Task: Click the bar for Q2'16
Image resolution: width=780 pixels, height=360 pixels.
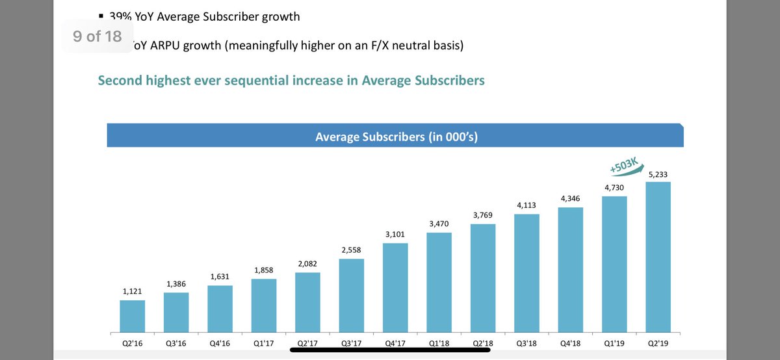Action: point(132,316)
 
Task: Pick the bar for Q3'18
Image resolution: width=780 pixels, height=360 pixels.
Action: point(526,273)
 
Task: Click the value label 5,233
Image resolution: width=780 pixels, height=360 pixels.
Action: point(658,174)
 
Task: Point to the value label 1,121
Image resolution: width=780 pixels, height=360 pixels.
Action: point(132,292)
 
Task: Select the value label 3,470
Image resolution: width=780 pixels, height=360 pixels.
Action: point(439,224)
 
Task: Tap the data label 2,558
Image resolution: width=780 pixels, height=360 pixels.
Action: point(351,250)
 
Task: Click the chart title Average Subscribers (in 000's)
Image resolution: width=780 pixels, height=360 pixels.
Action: point(396,136)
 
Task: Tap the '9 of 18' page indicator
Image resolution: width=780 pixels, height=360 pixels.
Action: point(97,36)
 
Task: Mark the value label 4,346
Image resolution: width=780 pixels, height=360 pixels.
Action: point(570,199)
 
